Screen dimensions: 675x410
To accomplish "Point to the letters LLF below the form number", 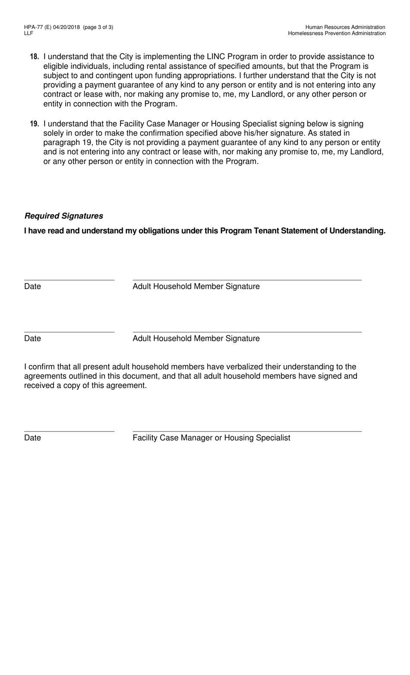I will [28, 33].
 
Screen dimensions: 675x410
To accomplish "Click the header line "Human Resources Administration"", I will [345, 27].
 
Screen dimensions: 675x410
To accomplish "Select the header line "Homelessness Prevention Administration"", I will [337, 33].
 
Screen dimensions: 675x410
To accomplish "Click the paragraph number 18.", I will [35, 57].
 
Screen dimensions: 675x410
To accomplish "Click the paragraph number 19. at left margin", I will [35, 124].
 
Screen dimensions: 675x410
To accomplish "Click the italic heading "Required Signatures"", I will [64, 216].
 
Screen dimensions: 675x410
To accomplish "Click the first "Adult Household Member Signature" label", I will [196, 287].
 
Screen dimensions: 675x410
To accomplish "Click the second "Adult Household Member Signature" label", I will [196, 338].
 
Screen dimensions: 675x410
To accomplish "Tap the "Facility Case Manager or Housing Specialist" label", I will [211, 438].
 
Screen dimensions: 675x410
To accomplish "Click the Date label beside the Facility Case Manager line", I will [32, 438].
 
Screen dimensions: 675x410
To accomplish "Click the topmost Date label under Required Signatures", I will [32, 287].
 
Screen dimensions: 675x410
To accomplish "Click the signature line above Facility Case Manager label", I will [247, 431].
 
